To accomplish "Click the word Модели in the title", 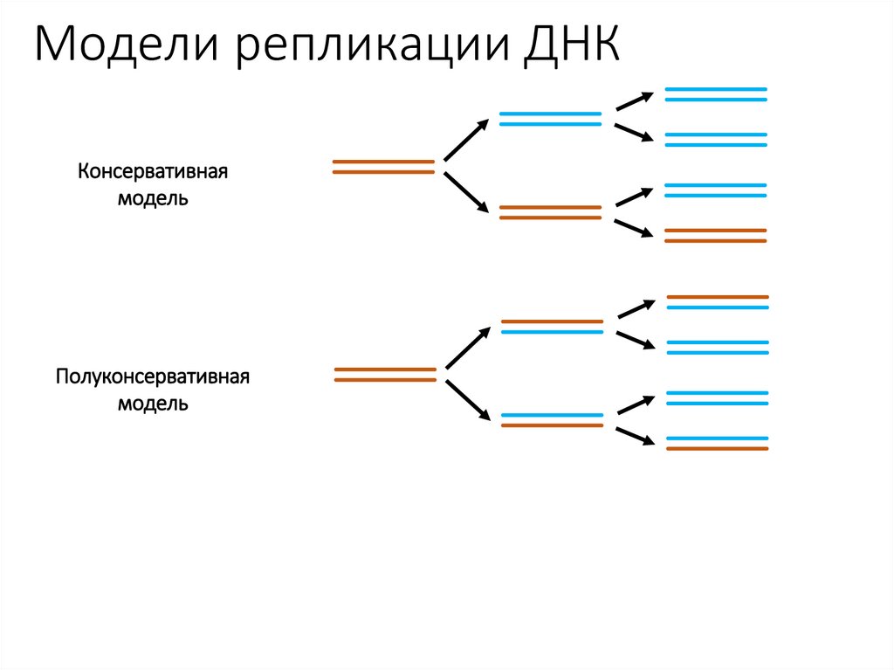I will click(x=126, y=45).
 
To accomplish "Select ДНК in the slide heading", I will click(x=573, y=45).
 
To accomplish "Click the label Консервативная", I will click(x=153, y=170).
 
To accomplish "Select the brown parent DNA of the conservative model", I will click(x=383, y=167).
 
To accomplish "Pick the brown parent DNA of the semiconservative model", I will click(x=385, y=375).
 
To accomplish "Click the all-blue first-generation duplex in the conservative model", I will click(x=550, y=119).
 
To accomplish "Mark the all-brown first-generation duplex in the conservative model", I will click(x=550, y=212).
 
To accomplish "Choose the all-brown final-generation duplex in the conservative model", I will click(x=716, y=234).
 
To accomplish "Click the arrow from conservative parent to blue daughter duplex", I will click(x=465, y=141).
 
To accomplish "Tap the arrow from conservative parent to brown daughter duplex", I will click(x=465, y=192).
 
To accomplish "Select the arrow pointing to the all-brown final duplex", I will click(x=634, y=228).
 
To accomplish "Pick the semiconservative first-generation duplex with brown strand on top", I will click(x=552, y=327).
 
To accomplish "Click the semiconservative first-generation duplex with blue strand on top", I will click(x=552, y=420).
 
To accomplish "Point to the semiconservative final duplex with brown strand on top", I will click(x=718, y=302).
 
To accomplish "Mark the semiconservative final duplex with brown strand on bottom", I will click(x=718, y=443).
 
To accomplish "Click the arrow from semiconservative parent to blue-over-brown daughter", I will click(x=467, y=399).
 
